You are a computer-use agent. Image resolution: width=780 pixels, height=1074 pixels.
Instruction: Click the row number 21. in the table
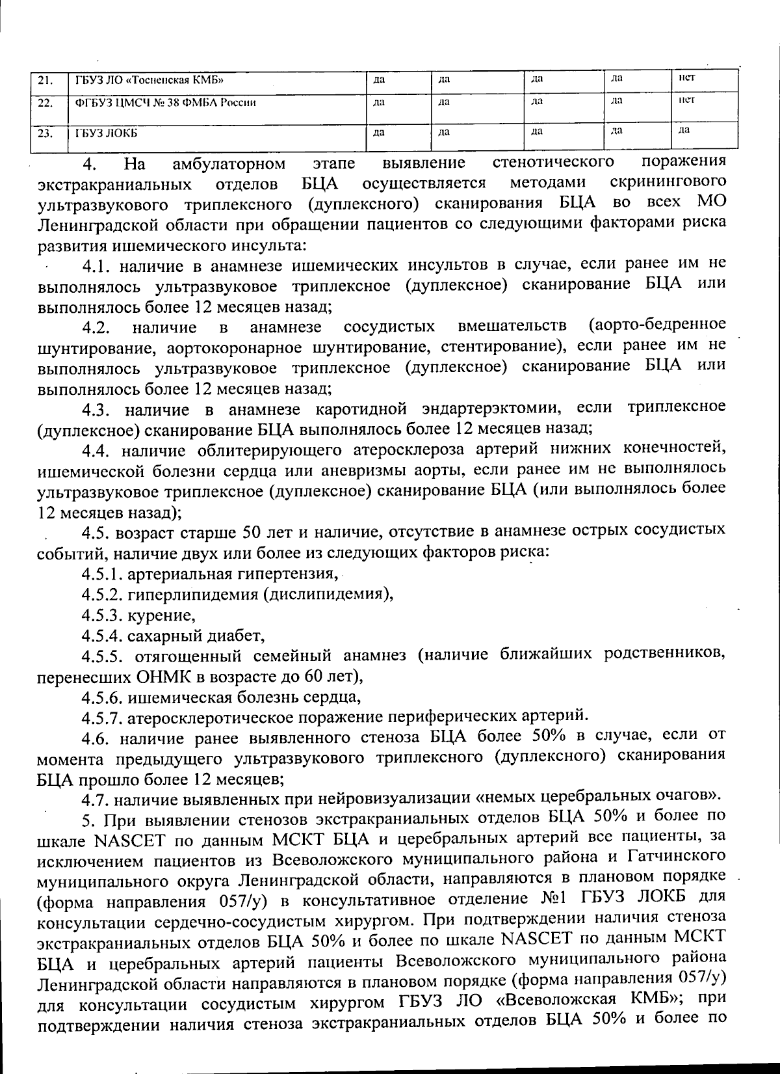click(45, 81)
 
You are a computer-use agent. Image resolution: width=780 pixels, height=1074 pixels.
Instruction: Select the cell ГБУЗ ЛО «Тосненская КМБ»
click(150, 81)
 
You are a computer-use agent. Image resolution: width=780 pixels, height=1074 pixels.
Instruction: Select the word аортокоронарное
click(236, 346)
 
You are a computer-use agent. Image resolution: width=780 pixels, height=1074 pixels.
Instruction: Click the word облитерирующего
click(289, 450)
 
